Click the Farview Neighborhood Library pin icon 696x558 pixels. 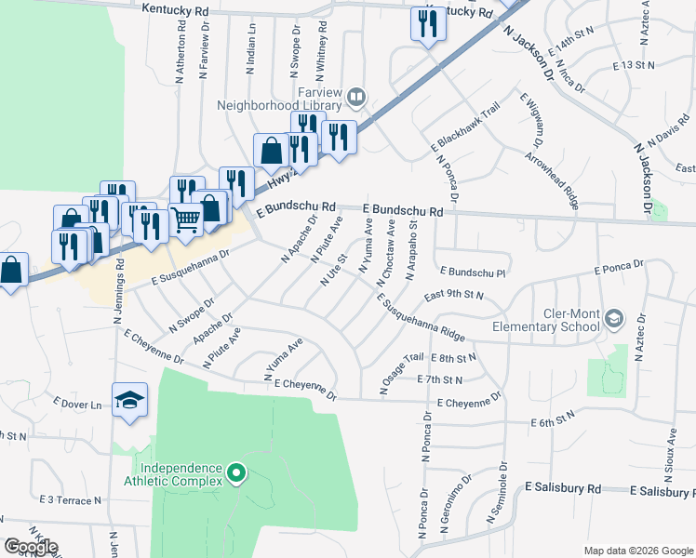tap(356, 95)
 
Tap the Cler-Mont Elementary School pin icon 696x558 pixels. tap(613, 319)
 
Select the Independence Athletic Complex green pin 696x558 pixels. tap(236, 474)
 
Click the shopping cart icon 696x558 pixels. tap(186, 220)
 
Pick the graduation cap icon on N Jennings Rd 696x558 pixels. tap(129, 400)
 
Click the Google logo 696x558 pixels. tap(31, 547)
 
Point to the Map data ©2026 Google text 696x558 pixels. tap(637, 551)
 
